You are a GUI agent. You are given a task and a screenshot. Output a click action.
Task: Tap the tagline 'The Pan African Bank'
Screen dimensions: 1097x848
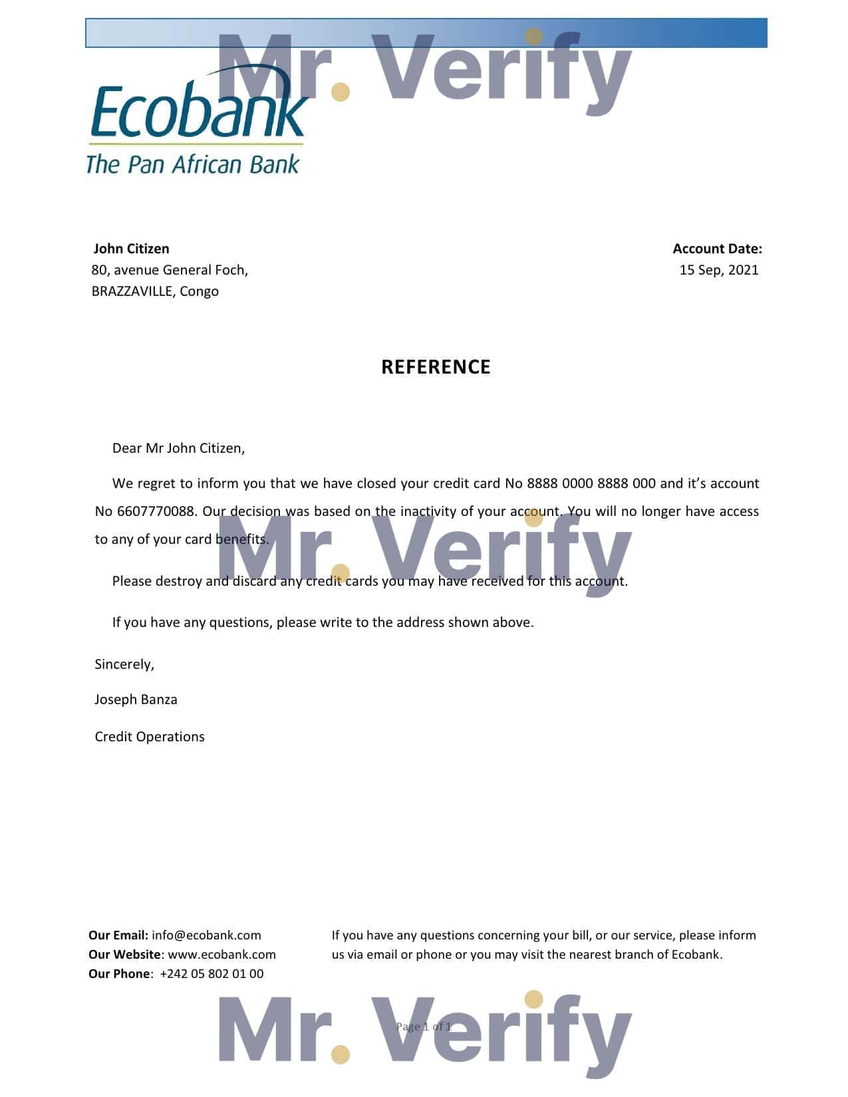(193, 164)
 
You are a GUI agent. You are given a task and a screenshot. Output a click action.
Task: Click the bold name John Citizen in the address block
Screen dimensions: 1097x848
(131, 249)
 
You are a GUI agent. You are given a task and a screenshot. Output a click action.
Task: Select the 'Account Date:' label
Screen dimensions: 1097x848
(717, 249)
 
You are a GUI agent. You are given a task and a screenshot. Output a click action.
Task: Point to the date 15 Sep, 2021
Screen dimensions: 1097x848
(718, 270)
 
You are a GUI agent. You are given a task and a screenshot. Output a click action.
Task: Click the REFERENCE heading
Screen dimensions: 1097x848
(436, 367)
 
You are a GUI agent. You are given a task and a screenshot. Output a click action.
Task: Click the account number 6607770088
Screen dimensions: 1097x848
(156, 511)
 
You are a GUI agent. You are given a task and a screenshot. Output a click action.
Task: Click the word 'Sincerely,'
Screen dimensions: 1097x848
(124, 664)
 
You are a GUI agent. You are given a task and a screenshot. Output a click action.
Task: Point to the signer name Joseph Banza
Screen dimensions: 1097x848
(136, 699)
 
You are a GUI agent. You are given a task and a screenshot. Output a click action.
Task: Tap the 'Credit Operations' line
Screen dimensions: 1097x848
(150, 737)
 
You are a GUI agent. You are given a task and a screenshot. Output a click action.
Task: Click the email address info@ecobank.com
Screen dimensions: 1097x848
(206, 935)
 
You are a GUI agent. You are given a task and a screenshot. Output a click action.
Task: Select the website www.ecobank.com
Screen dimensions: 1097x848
(221, 955)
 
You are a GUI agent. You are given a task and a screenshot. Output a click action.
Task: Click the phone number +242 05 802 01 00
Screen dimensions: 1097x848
(212, 974)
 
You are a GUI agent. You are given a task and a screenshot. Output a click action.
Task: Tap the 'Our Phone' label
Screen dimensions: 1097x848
(119, 974)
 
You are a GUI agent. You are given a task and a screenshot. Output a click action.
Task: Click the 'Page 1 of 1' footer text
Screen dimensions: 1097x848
(424, 1027)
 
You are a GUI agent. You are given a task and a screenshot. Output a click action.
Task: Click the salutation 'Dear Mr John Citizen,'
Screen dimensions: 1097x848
(178, 448)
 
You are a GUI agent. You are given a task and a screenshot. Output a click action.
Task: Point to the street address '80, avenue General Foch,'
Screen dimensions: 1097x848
(170, 270)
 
